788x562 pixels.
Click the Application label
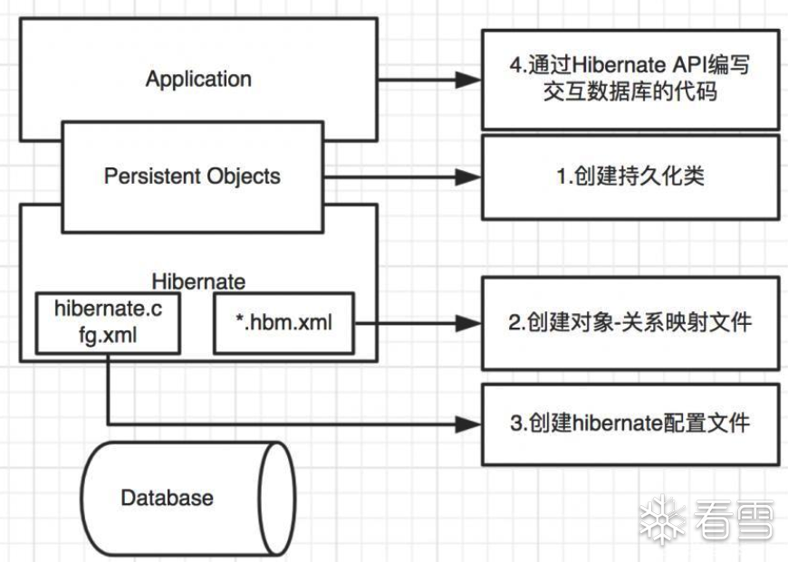point(198,78)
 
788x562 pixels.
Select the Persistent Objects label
point(192,176)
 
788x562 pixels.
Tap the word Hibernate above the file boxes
point(199,281)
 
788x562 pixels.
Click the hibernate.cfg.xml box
point(108,321)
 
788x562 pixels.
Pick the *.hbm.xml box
point(284,321)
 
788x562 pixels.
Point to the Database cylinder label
point(168,497)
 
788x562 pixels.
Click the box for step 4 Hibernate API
point(630,79)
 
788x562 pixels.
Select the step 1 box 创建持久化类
point(630,176)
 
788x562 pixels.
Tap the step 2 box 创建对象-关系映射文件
point(630,322)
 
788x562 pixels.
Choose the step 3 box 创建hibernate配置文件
point(630,423)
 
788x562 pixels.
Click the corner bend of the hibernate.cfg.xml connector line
point(109,423)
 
